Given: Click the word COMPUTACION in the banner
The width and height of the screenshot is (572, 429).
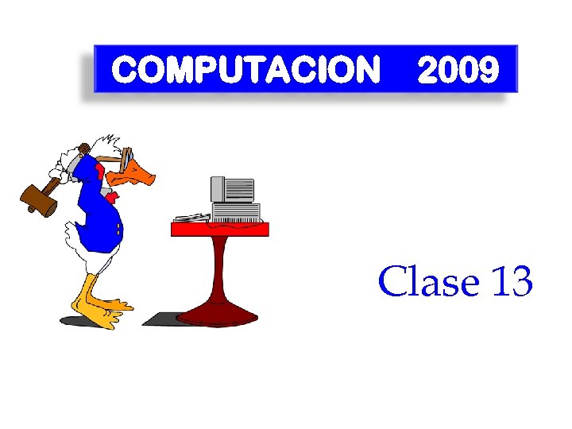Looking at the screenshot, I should pyautogui.click(x=245, y=71).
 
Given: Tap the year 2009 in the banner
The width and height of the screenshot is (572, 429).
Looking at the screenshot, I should pyautogui.click(x=458, y=71).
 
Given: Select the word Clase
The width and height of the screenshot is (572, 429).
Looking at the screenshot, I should pyautogui.click(x=430, y=281).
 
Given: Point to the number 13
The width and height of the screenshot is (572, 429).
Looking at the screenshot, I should pyautogui.click(x=512, y=281).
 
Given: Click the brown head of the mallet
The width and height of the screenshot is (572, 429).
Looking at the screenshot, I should pyautogui.click(x=39, y=198).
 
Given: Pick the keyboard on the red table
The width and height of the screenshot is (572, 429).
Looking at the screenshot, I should pyautogui.click(x=192, y=217).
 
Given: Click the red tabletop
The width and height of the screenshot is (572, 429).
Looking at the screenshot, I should pyautogui.click(x=220, y=230).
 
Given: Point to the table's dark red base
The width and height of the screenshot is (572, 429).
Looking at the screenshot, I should pyautogui.click(x=217, y=315).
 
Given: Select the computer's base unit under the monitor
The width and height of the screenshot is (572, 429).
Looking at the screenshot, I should pyautogui.click(x=235, y=212).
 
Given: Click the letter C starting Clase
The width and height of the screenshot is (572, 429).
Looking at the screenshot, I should pyautogui.click(x=391, y=281).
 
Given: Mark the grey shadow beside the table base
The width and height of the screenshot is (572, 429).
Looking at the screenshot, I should pyautogui.click(x=159, y=319).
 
